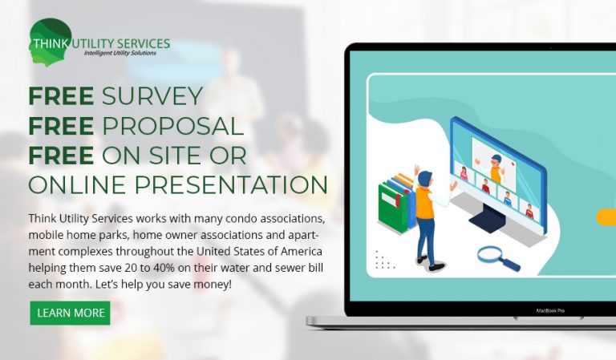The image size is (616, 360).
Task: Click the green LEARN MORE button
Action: pos(70,313)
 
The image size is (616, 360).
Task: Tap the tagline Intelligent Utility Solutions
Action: pos(120,53)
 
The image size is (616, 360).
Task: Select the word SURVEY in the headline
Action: pos(152,95)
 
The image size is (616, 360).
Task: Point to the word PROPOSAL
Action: pos(173,126)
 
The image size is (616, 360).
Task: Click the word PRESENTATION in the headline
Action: pos(231,184)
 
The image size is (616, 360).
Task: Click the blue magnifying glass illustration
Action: pos(499,258)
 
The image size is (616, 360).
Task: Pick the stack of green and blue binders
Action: pos(397,203)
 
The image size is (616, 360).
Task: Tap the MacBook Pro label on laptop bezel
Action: pos(550,310)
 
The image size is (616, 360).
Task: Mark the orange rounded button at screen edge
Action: pos(606,217)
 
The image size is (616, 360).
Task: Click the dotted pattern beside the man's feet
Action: pos(384,260)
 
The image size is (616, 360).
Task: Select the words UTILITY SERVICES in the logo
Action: pos(121,43)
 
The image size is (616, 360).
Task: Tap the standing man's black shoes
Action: pos(429,264)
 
